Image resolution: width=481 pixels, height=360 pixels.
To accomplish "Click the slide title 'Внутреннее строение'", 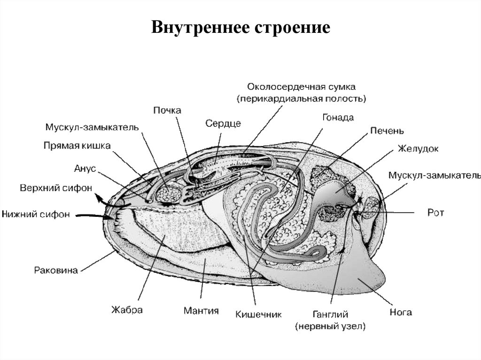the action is (240, 27).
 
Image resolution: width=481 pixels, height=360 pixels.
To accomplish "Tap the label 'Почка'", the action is (167, 110).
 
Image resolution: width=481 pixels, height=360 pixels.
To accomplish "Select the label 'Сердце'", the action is (223, 123).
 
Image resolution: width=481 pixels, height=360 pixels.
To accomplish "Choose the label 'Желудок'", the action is (418, 149).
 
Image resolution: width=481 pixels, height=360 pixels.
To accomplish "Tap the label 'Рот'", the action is (435, 213).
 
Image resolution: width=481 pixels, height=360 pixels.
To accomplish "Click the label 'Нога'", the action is (401, 312).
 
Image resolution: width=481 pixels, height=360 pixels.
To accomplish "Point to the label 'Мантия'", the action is (201, 310).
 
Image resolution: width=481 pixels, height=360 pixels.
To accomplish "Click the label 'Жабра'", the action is (127, 310).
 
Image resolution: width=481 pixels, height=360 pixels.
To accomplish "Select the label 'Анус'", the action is (85, 167).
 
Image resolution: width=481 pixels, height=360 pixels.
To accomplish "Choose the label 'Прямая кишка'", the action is (77, 146).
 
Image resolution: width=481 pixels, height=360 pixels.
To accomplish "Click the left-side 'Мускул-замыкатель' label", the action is (92, 127).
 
